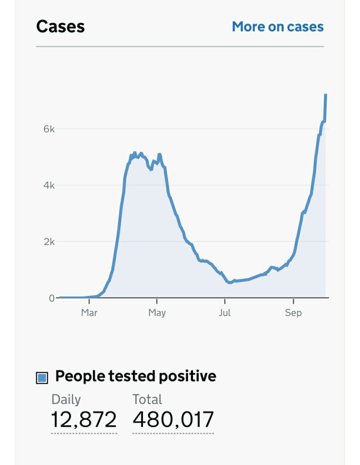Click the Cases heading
(x=60, y=26)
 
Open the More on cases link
(x=278, y=27)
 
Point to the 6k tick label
(x=49, y=129)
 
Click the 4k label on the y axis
(x=49, y=185)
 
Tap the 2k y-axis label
(x=49, y=242)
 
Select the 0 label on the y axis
(x=52, y=298)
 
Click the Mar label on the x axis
(x=89, y=313)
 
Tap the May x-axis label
(x=157, y=313)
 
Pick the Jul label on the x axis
(x=225, y=313)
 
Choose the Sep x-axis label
(x=293, y=313)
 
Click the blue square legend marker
(x=42, y=377)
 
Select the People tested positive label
(x=136, y=376)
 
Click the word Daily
(x=66, y=400)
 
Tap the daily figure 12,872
(x=84, y=419)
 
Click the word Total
(x=147, y=400)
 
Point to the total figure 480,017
(x=173, y=419)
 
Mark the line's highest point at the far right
(x=325, y=95)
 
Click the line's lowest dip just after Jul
(x=230, y=282)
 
